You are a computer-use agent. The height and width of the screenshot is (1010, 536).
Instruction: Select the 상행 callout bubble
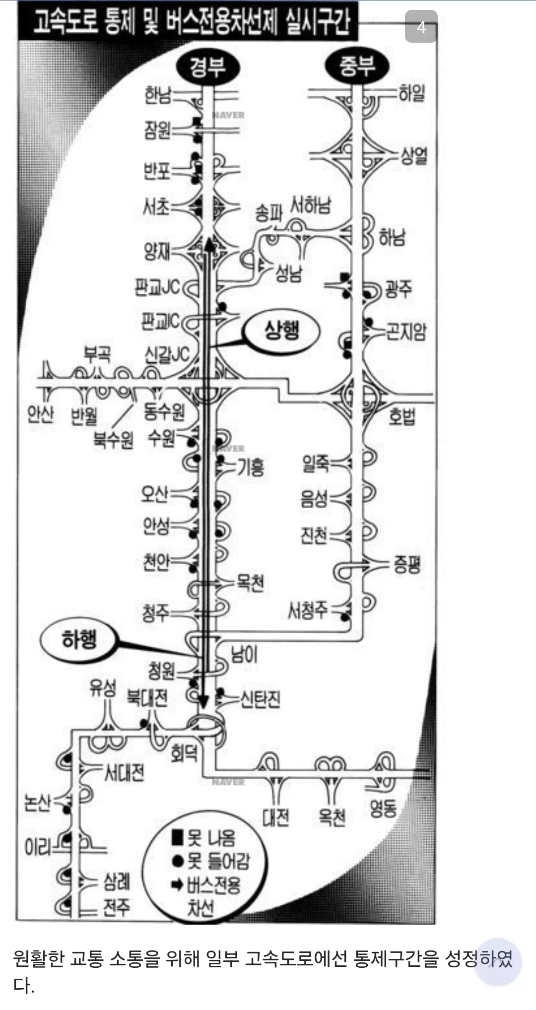[282, 330]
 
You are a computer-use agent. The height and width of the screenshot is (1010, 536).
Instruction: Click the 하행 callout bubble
[79, 639]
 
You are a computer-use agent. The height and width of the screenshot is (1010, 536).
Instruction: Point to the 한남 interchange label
[157, 95]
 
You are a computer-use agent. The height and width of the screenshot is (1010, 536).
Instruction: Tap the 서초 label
[156, 206]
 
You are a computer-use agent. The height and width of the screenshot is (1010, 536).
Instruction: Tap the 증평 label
[407, 564]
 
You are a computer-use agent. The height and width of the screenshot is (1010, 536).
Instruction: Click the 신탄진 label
[260, 699]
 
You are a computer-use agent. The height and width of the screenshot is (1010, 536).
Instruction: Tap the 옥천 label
[332, 817]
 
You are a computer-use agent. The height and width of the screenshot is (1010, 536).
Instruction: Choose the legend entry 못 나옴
[203, 838]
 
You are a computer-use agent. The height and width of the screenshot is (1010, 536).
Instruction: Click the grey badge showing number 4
[421, 26]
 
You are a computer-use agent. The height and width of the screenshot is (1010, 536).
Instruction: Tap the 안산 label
[41, 413]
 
